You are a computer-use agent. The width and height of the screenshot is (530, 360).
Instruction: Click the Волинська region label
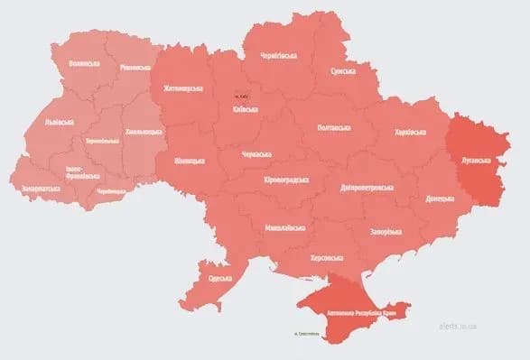(82, 65)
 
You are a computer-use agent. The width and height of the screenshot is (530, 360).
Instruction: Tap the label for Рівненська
(135, 67)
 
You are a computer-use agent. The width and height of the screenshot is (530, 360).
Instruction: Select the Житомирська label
(183, 88)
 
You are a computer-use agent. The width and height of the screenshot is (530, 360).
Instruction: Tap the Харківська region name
(411, 133)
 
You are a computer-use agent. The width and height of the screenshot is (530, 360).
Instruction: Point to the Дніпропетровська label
(367, 187)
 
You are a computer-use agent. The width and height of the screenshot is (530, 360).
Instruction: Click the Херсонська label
(326, 256)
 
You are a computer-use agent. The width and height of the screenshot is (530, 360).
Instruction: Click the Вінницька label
(188, 161)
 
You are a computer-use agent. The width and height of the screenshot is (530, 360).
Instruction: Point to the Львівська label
(60, 122)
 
